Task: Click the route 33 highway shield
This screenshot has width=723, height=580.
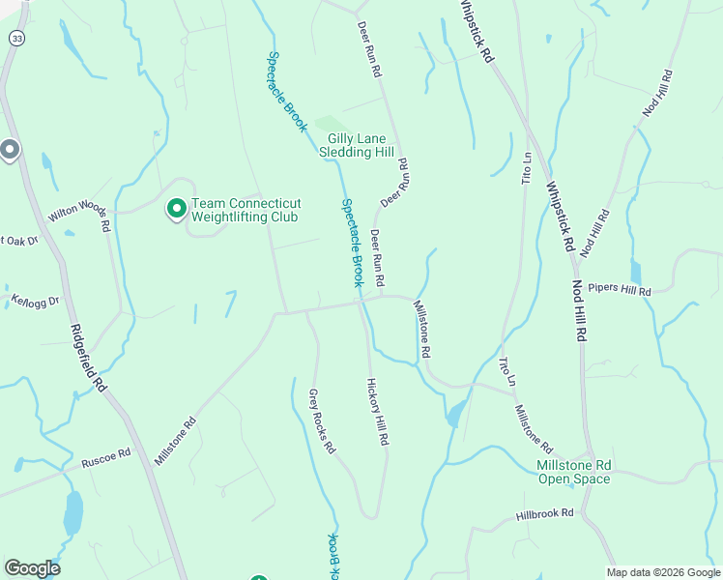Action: tap(15, 38)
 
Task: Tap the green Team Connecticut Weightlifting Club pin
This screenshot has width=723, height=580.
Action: tap(177, 209)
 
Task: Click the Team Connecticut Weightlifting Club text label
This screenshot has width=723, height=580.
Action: tap(246, 210)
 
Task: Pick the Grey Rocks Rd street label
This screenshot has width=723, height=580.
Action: tap(321, 421)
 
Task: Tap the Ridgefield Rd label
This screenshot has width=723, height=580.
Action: tap(87, 357)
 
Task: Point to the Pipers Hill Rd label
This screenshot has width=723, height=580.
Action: tap(620, 290)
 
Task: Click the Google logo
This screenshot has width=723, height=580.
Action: tap(32, 568)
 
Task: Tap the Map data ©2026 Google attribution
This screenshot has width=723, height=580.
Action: tap(662, 572)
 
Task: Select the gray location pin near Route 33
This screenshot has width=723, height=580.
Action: tap(10, 150)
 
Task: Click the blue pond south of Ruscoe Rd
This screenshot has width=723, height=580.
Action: tap(72, 513)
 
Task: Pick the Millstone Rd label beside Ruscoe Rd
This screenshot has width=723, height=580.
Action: tap(175, 441)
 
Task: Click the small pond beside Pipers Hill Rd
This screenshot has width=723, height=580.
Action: tap(635, 272)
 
